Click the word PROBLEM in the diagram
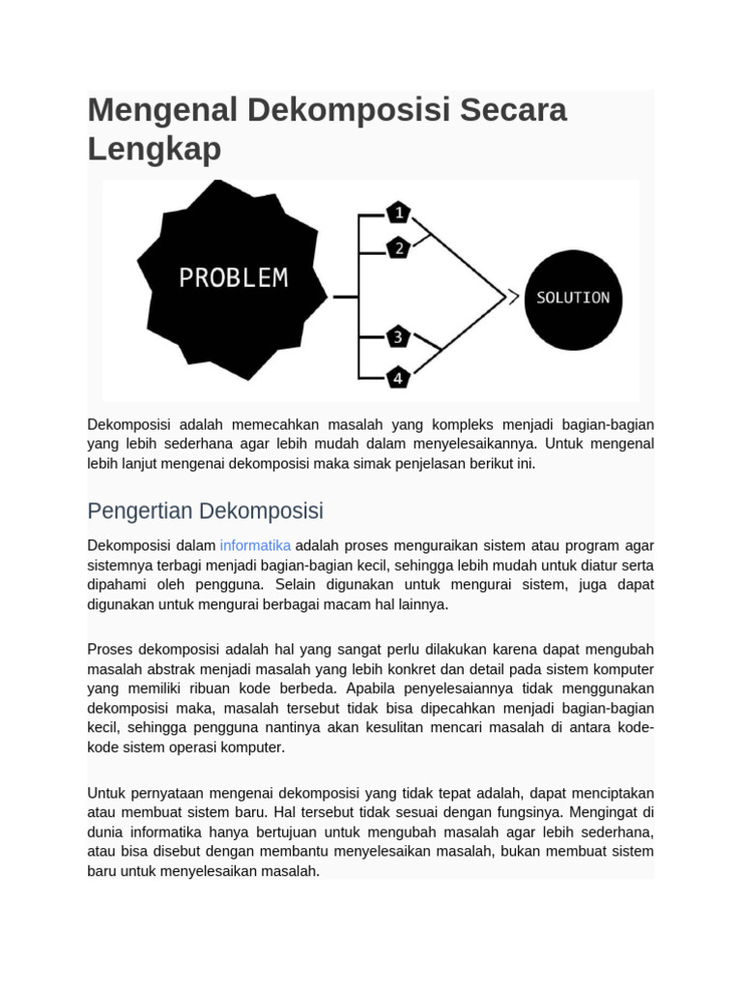[x=234, y=278]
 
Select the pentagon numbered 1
[x=398, y=212]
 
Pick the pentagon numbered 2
[x=398, y=248]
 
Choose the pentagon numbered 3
[x=398, y=337]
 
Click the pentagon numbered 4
[x=398, y=377]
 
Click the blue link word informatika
[x=255, y=546]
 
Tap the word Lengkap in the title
[x=155, y=149]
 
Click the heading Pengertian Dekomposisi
[x=205, y=510]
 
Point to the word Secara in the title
[x=513, y=110]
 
